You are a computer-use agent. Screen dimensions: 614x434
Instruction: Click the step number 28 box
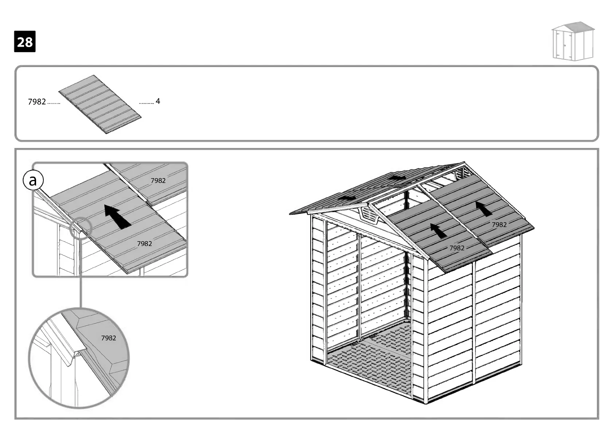(25, 42)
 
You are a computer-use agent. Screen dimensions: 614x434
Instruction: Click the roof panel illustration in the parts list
(100, 104)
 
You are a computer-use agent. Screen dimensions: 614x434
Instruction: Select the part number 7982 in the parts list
(37, 102)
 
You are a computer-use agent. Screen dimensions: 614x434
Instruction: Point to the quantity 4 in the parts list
(158, 101)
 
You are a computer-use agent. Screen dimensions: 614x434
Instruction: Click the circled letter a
(33, 181)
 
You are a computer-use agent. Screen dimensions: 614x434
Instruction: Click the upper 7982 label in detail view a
(158, 180)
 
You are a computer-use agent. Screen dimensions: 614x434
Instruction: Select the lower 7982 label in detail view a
(144, 243)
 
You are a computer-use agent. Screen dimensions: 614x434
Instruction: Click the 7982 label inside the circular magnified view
(108, 338)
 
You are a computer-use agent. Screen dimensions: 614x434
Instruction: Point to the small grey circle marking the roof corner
(80, 228)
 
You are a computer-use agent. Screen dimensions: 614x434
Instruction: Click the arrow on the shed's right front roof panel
(485, 209)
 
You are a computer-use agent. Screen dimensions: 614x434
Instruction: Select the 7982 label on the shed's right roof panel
(499, 225)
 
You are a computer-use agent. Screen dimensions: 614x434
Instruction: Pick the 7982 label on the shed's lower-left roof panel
(457, 248)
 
